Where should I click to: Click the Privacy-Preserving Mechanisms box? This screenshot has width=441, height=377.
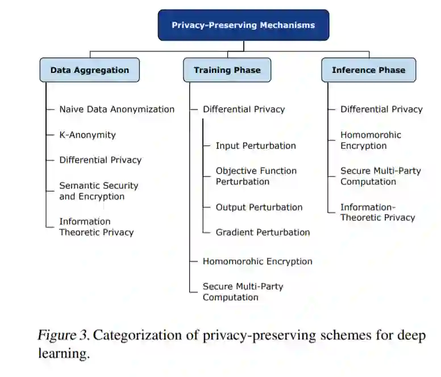pos(243,25)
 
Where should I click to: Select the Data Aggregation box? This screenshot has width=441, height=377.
pos(90,70)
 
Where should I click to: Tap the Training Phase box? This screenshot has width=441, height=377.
pos(227,70)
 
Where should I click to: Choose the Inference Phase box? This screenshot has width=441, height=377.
pos(368,70)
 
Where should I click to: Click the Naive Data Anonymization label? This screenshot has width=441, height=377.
pos(117,109)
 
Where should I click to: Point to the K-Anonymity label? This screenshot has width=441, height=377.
pos(88,135)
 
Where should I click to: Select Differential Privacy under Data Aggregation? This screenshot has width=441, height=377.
pos(100,160)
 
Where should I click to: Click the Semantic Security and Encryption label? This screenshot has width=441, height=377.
pos(98,191)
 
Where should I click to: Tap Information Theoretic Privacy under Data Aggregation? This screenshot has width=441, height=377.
pos(96,227)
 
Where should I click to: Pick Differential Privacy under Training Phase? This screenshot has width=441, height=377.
pos(244,109)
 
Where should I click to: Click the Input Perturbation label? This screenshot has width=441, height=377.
pos(256,145)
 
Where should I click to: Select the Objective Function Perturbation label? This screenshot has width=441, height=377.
pos(256,176)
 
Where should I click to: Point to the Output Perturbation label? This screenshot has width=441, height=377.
pos(259,207)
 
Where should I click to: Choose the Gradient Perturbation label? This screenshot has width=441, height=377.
pos(263,232)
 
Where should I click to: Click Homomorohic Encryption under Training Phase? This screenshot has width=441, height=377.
pos(257,261)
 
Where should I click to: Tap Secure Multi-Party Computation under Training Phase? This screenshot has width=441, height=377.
pos(243,292)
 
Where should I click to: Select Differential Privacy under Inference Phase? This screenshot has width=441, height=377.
pos(381,109)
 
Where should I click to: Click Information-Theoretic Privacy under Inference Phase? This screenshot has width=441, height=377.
pos(377,212)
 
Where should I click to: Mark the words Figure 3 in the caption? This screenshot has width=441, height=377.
pos(63,335)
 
